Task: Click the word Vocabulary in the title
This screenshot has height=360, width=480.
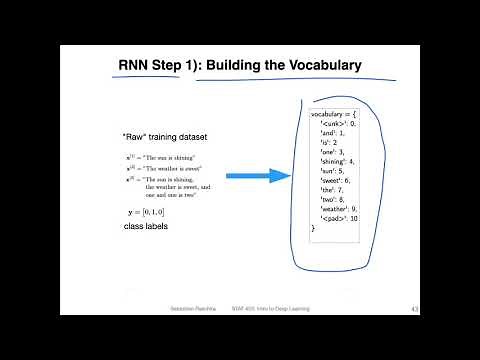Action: coord(313,66)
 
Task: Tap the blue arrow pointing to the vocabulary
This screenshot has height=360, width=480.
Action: coord(257,176)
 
